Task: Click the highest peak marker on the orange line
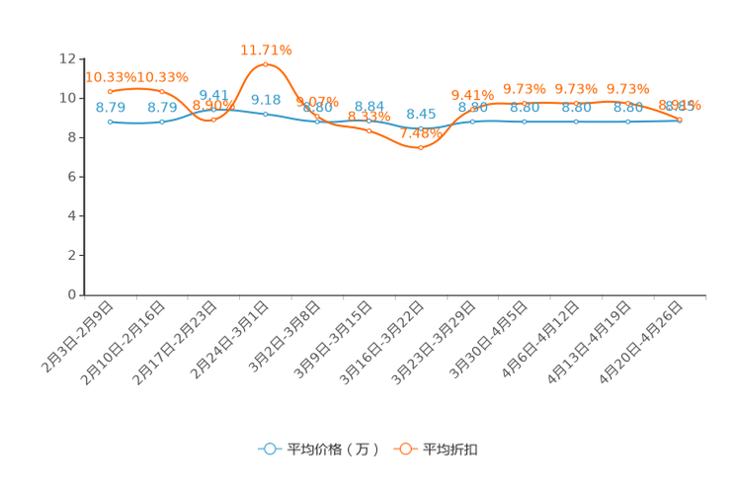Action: (x=265, y=64)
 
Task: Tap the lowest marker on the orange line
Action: (x=421, y=148)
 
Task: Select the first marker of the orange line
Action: (x=110, y=91)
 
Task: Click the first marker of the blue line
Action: (x=110, y=122)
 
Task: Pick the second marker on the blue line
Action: (x=162, y=122)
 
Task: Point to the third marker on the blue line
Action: (x=213, y=109)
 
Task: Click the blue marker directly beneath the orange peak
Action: (x=265, y=114)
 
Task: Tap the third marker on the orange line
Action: (x=213, y=119)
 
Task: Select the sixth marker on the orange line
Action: (x=368, y=131)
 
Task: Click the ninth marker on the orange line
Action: (x=525, y=102)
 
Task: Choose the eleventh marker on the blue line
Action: (x=628, y=121)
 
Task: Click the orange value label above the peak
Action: (x=267, y=47)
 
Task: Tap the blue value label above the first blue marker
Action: (x=110, y=107)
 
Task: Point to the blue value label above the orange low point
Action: (x=422, y=114)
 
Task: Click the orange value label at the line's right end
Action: (x=682, y=104)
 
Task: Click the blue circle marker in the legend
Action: (x=268, y=449)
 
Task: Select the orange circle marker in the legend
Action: (x=404, y=449)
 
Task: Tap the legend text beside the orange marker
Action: (x=451, y=449)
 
